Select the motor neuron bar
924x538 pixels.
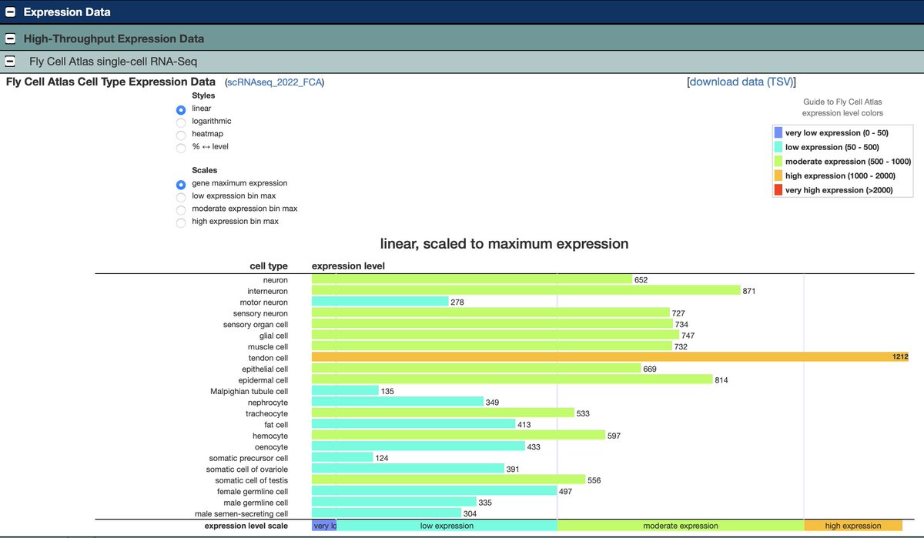380,302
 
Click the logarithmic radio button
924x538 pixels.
181,122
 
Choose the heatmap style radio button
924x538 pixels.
181,134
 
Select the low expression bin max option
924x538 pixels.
181,196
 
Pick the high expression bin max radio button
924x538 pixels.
181,222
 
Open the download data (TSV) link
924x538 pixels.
742,82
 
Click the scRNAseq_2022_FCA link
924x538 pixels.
274,82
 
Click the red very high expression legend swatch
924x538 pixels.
778,190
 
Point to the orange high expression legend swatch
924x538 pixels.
778,175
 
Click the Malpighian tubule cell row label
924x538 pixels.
249,391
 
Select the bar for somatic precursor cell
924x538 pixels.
342,458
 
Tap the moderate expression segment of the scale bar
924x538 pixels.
680,526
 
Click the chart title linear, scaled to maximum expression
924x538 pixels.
504,244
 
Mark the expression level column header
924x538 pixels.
348,266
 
